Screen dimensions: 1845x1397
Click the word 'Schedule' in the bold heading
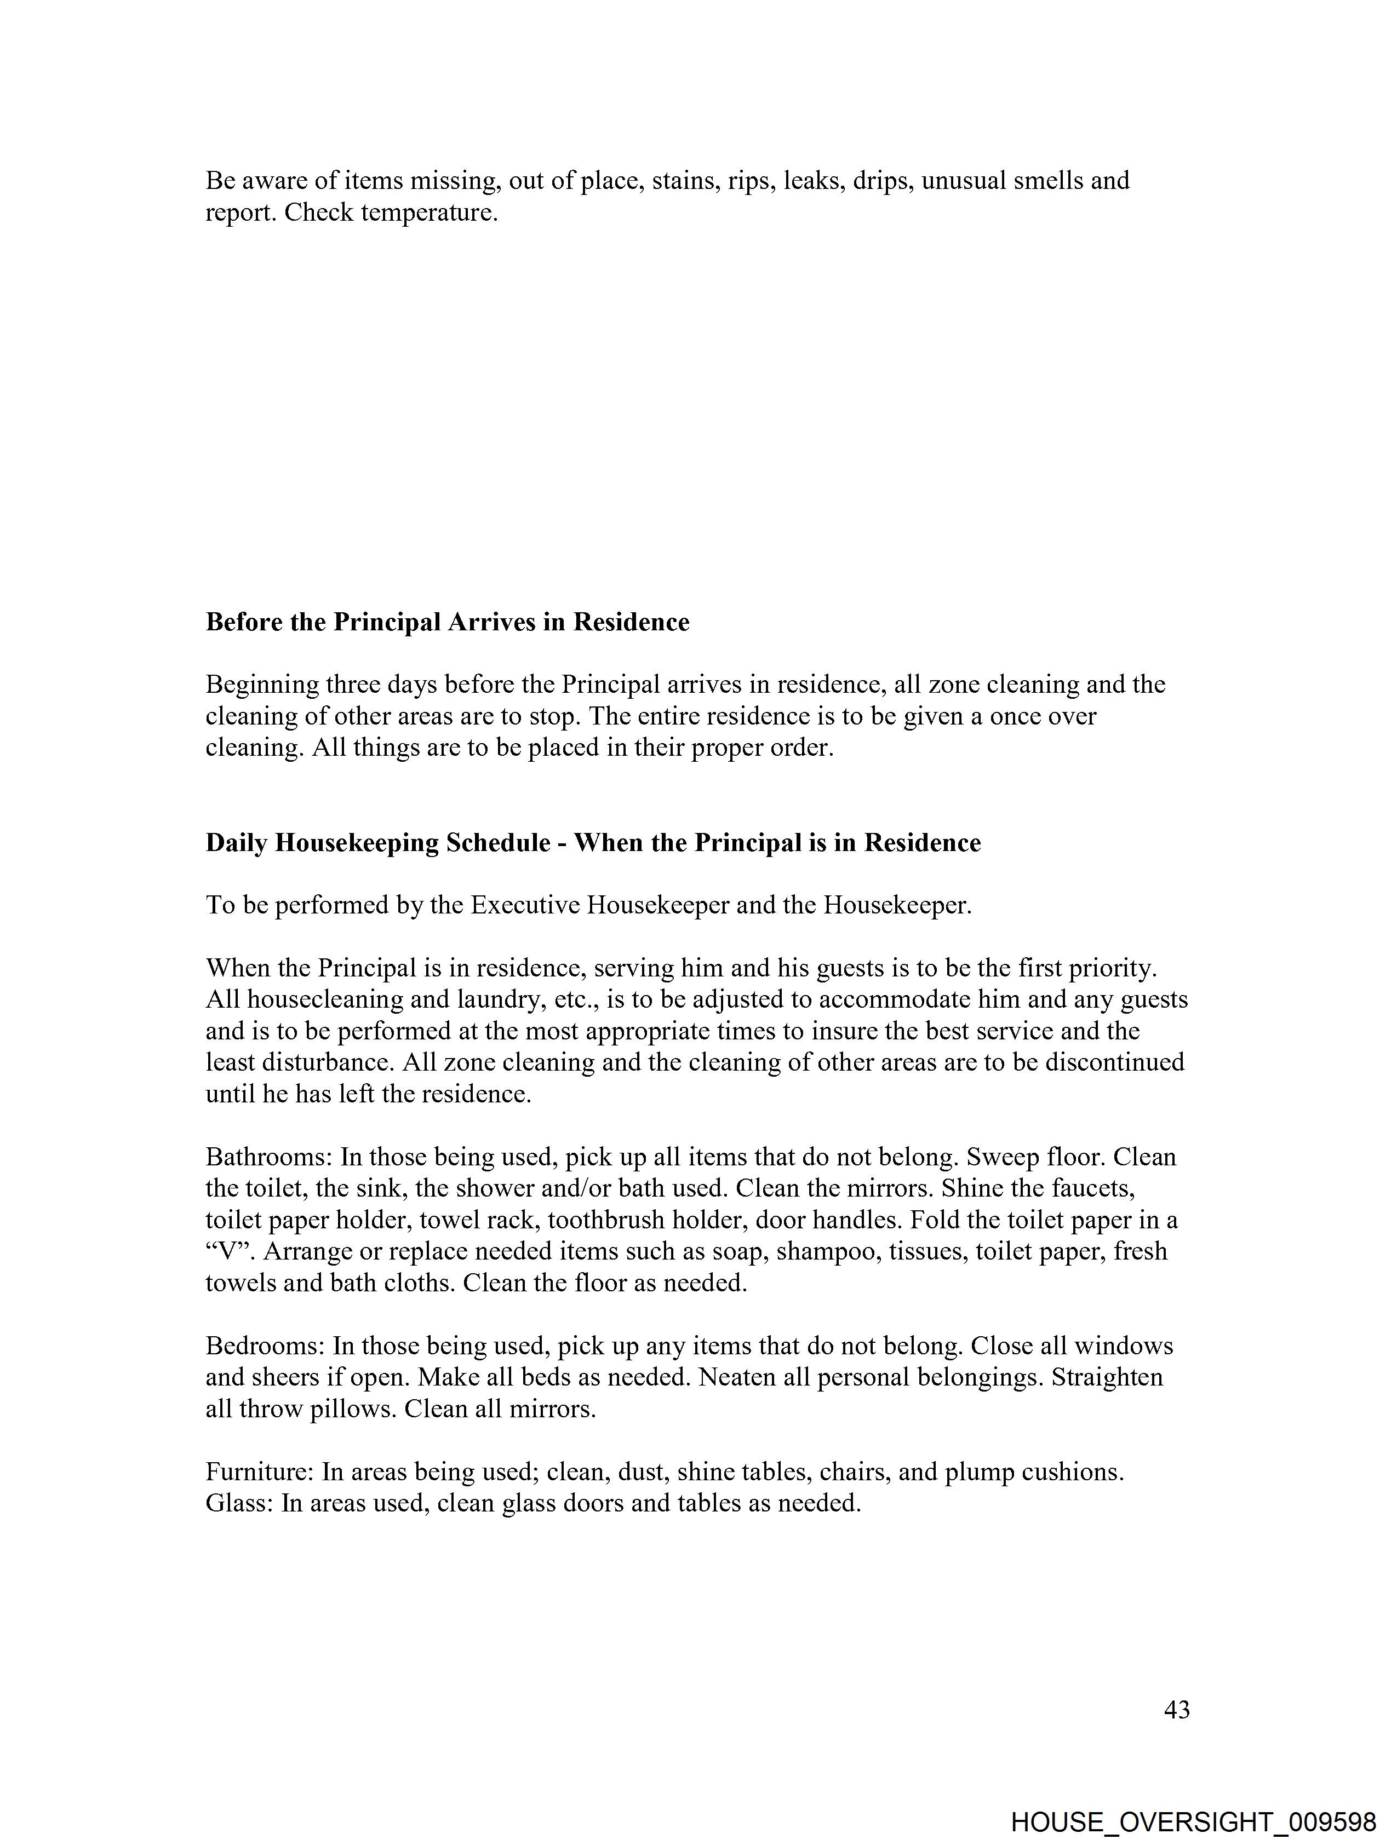498,843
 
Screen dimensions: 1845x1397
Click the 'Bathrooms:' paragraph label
270,1158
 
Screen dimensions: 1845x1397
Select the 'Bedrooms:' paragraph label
265,1346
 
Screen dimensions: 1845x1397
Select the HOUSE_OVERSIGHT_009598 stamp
1193,1823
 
